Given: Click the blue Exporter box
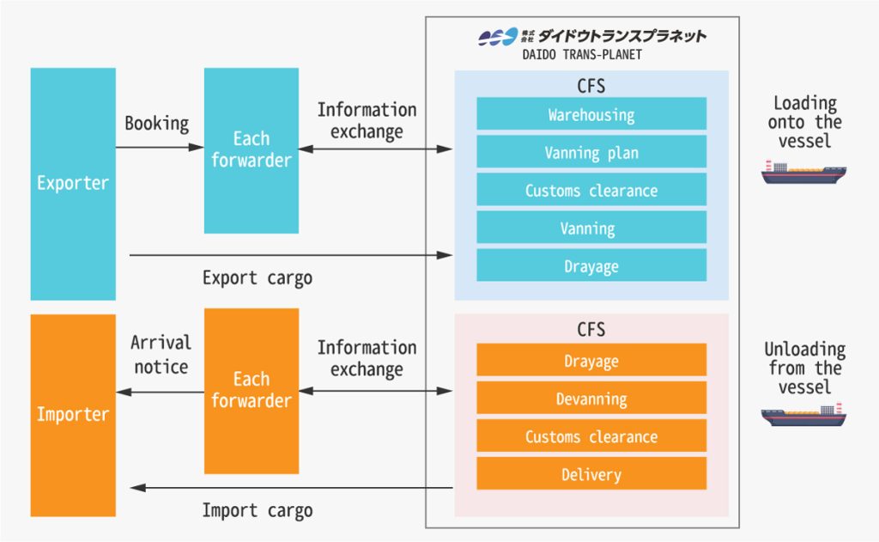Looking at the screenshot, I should tap(73, 183).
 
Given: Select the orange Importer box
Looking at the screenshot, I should tap(73, 415).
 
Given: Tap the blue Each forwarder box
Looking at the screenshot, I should tap(251, 149).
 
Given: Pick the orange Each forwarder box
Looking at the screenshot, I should tap(251, 390).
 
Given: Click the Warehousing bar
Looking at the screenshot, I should tap(591, 114).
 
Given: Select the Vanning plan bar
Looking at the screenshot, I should tap(591, 153).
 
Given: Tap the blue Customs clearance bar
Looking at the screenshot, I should tap(591, 191).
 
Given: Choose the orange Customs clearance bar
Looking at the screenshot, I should tap(591, 436).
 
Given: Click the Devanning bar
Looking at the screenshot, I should tap(591, 399).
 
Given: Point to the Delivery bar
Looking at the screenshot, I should tap(591, 474).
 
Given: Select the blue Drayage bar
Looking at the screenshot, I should tap(591, 266).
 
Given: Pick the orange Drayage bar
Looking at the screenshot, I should tap(591, 361).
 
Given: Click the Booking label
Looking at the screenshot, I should tap(156, 124).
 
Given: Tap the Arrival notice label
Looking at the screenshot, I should tap(160, 355).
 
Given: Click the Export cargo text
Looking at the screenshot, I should tap(257, 278).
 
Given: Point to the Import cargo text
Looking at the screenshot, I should tap(257, 510).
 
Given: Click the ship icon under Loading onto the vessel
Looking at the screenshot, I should tap(803, 173).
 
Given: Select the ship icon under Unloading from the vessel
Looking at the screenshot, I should tap(803, 416).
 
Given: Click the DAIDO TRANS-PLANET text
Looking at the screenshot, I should tap(582, 55).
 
